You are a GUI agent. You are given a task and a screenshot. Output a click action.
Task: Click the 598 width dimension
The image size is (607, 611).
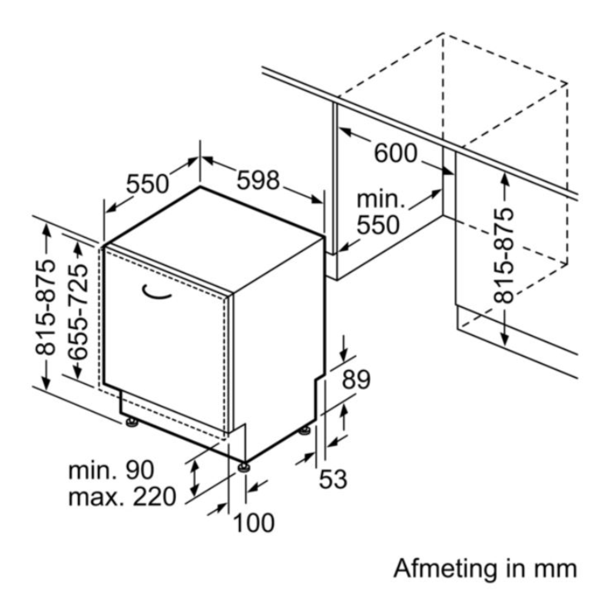258,180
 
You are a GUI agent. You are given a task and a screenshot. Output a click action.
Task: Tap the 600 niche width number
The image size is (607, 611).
396,153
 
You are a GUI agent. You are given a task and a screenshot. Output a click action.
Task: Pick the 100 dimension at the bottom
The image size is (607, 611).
253,523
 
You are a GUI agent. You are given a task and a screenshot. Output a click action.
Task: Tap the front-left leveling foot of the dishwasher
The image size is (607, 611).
131,422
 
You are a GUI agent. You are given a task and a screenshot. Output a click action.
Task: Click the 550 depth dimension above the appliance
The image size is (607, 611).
148,184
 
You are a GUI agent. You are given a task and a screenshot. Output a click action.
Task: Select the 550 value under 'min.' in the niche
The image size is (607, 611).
378,225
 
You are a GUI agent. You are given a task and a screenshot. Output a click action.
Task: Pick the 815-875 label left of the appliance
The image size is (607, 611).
45,307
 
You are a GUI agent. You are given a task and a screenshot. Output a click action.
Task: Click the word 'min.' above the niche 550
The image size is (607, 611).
381,200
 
